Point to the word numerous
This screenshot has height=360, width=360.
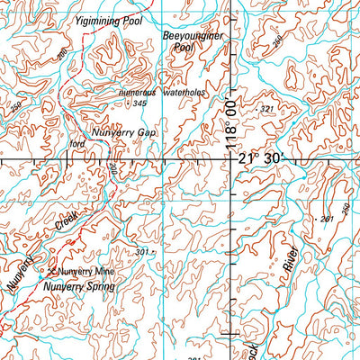[139, 92]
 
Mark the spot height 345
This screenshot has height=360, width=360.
[139, 104]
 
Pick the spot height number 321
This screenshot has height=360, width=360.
[265, 109]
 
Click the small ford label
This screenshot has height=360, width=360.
[76, 142]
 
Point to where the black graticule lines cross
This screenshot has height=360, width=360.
[232, 158]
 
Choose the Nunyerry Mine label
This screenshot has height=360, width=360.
[87, 270]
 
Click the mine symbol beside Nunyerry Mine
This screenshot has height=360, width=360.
[52, 269]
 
